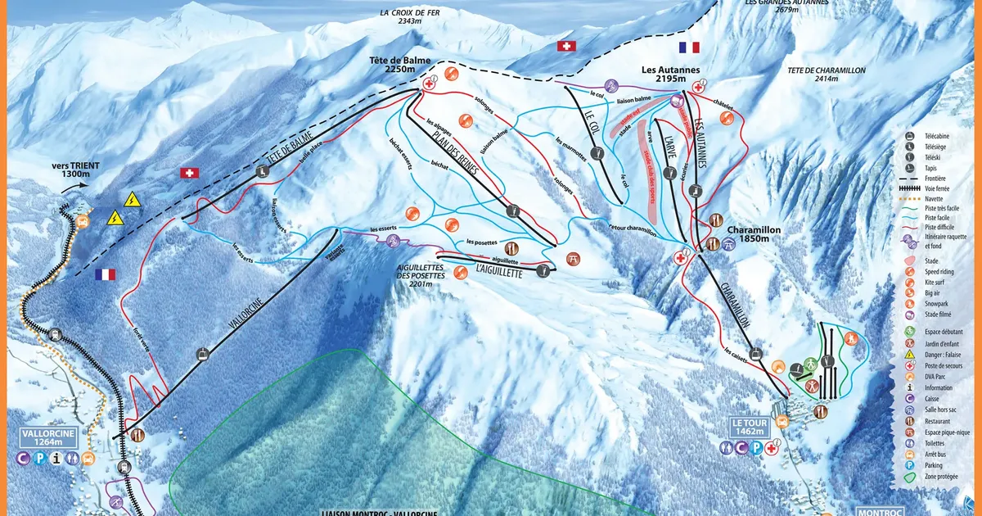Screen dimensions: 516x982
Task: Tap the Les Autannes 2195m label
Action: coord(665,71)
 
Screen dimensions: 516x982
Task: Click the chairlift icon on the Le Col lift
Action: coord(599,152)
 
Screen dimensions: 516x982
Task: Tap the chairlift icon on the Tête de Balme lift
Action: coord(263,171)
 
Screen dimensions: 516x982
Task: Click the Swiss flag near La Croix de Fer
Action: coord(565,46)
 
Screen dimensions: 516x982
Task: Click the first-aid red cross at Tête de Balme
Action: coord(429,83)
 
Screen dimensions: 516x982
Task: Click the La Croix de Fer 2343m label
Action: coord(411,16)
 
